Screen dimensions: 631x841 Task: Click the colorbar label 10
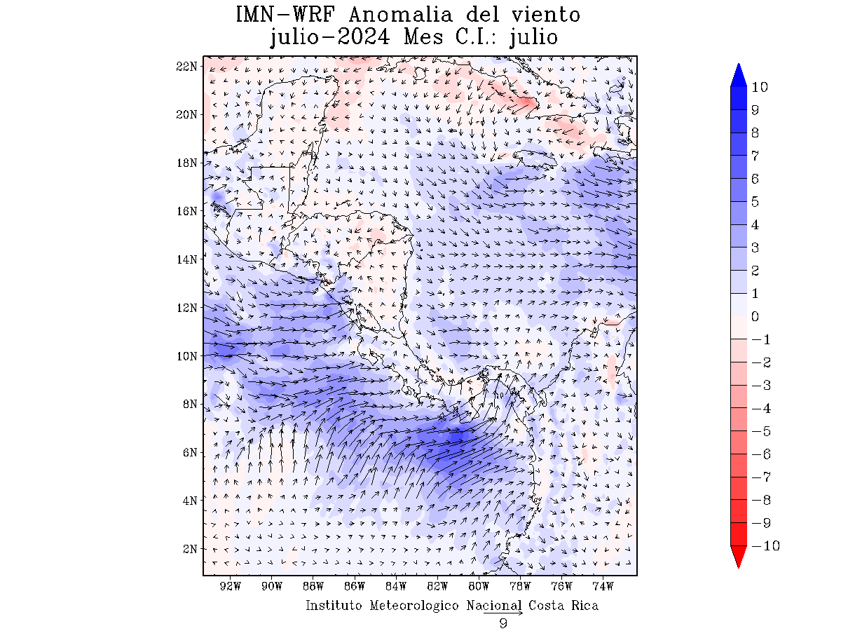point(760,87)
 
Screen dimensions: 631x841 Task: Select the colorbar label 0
point(755,316)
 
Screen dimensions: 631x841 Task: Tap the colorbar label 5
point(755,202)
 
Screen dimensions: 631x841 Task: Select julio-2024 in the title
point(330,37)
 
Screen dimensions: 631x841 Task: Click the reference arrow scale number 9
point(503,623)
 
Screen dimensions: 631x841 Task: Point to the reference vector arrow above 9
point(503,613)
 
